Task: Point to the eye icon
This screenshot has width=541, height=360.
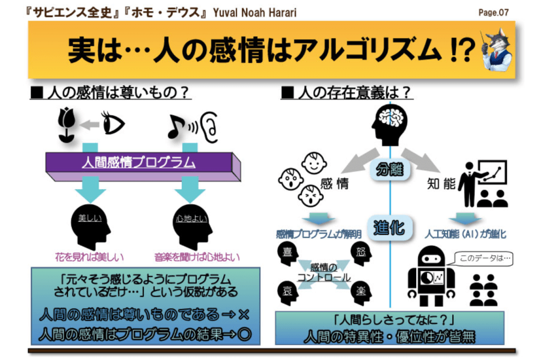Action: click(x=112, y=124)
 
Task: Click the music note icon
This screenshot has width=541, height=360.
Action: click(x=176, y=126)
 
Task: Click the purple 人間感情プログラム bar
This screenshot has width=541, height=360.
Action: click(x=139, y=163)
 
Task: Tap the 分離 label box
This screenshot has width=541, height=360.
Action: click(x=390, y=170)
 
